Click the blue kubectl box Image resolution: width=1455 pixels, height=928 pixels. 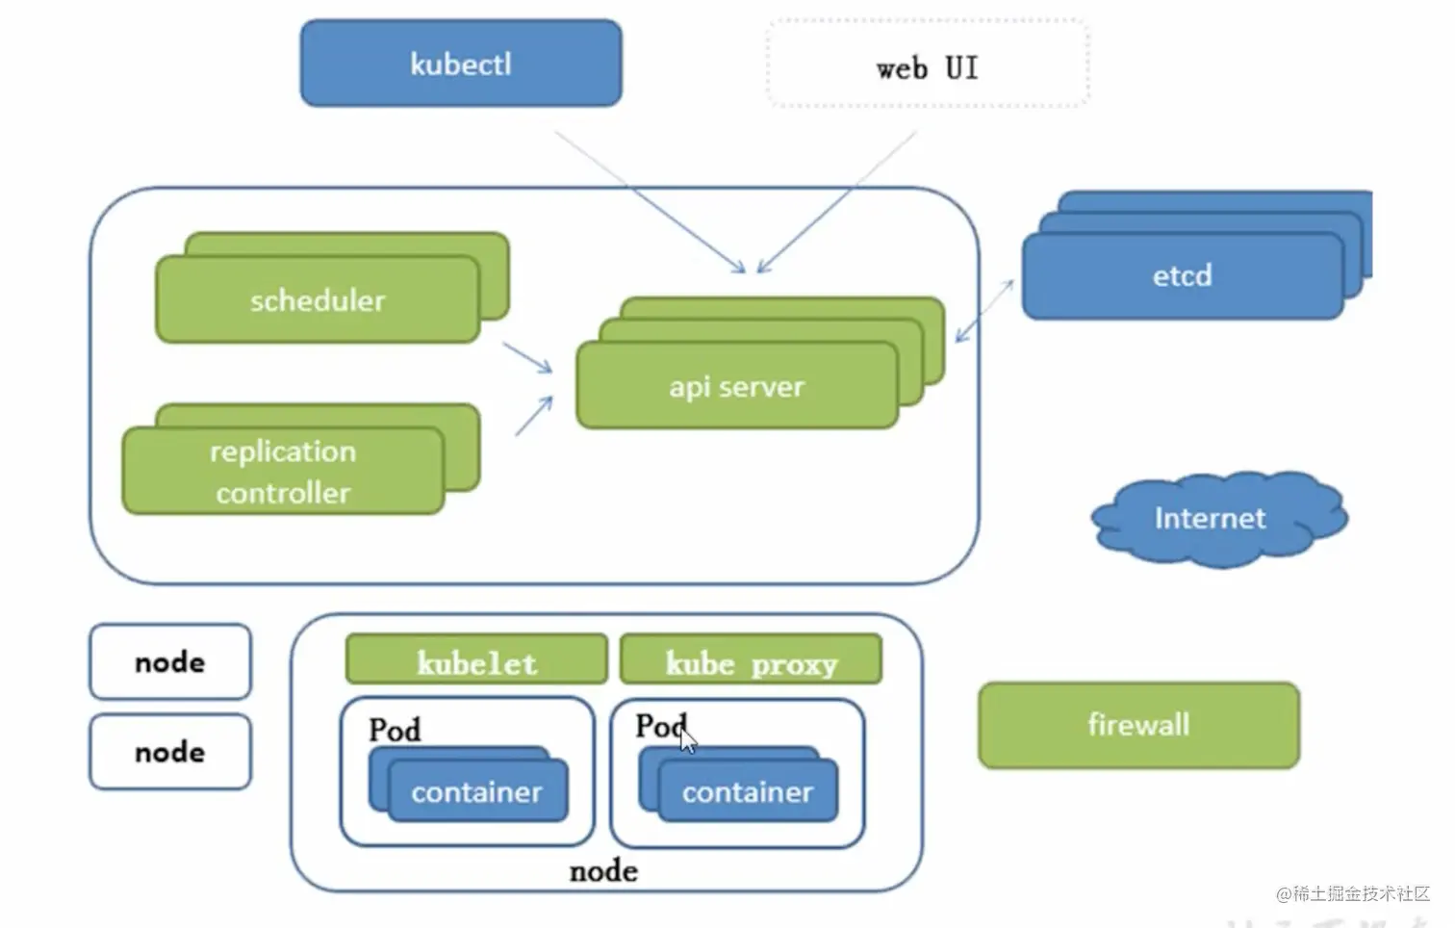[461, 64]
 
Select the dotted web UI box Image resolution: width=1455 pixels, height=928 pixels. [928, 64]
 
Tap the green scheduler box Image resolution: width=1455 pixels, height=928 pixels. [318, 300]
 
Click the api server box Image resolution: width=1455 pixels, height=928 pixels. [737, 386]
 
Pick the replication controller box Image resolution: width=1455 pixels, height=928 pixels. [283, 472]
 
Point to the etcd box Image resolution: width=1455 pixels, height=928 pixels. [1182, 276]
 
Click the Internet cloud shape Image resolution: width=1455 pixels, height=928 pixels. [1211, 519]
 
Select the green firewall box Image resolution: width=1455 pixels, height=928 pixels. [1138, 725]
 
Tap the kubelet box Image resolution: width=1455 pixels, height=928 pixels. [476, 660]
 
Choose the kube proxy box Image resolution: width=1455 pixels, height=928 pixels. [751, 660]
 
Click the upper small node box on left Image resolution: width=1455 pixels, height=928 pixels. [170, 662]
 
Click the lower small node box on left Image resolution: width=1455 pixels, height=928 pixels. [170, 752]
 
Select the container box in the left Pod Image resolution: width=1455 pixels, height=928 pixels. [477, 792]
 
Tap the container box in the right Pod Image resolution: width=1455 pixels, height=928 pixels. [748, 792]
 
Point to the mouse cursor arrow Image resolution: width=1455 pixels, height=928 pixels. [687, 740]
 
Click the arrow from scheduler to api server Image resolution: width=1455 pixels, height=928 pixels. [528, 357]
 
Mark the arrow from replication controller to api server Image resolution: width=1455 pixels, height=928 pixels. [534, 416]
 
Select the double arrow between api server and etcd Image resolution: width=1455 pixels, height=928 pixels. [984, 311]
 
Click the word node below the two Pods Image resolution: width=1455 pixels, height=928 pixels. [603, 871]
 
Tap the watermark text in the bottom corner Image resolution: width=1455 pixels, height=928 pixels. [1352, 894]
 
